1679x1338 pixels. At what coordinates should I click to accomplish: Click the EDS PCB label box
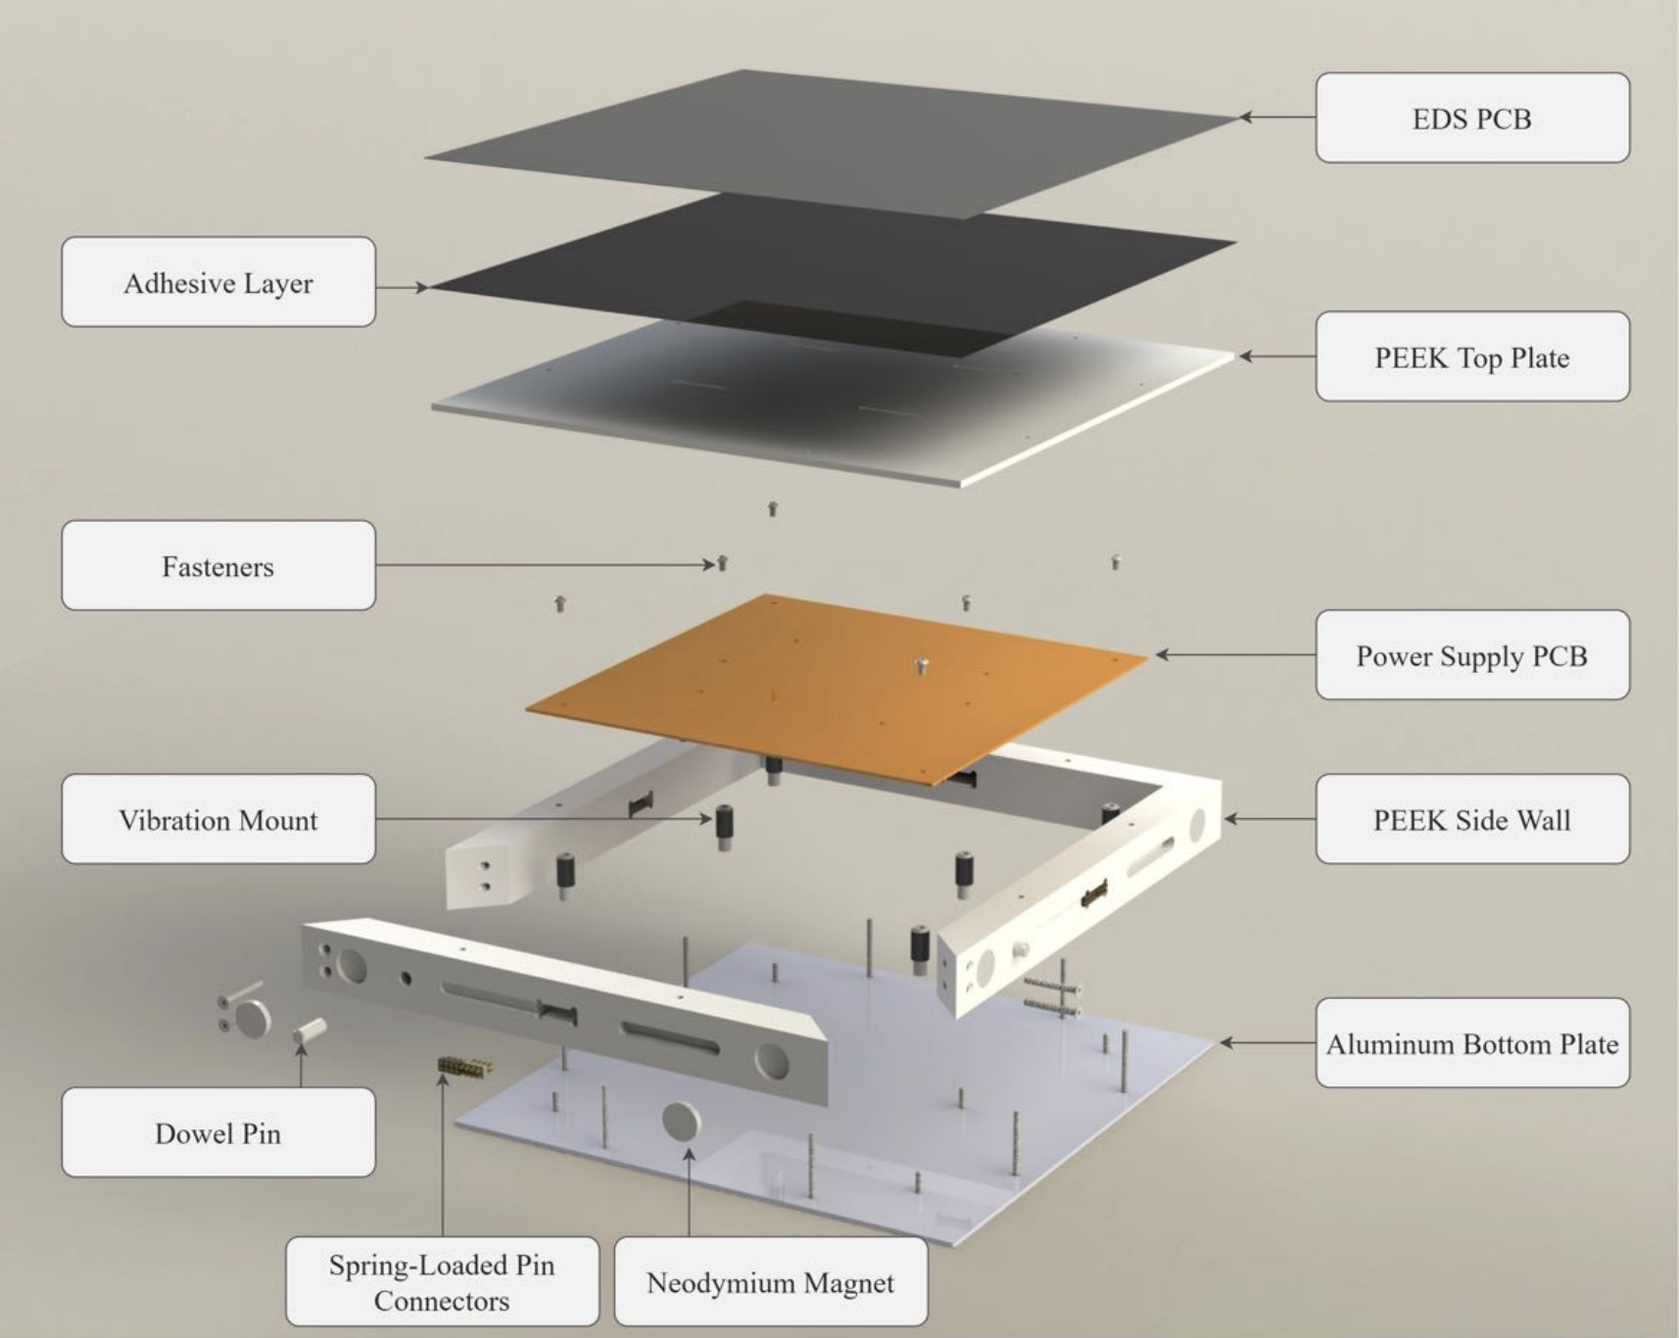click(1472, 118)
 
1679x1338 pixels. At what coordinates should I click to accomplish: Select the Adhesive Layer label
click(218, 282)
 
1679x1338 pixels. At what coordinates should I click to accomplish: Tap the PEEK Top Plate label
click(1472, 357)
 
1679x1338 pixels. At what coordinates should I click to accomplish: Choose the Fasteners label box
click(218, 565)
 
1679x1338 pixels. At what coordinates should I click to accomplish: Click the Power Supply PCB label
click(1472, 654)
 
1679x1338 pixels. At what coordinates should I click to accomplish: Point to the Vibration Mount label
click(218, 819)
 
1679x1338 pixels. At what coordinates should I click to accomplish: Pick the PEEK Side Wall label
click(1472, 819)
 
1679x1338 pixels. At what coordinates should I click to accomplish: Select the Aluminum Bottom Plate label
click(1472, 1043)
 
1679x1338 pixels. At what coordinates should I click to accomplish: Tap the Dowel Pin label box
click(218, 1132)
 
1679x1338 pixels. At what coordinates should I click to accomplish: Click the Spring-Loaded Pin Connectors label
click(442, 1281)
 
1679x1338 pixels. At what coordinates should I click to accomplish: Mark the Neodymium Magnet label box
click(771, 1281)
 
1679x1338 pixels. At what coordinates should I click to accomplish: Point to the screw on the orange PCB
click(921, 666)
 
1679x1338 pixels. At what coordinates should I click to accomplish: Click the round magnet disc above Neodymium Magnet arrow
click(682, 1121)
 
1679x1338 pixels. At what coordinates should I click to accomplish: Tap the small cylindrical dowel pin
click(310, 1030)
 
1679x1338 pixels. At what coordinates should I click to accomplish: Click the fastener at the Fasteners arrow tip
click(723, 563)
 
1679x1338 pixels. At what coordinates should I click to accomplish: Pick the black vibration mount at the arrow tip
click(724, 826)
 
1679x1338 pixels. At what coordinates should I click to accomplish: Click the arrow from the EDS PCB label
click(1277, 118)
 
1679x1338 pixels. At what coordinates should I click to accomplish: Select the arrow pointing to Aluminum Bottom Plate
click(1268, 1043)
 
